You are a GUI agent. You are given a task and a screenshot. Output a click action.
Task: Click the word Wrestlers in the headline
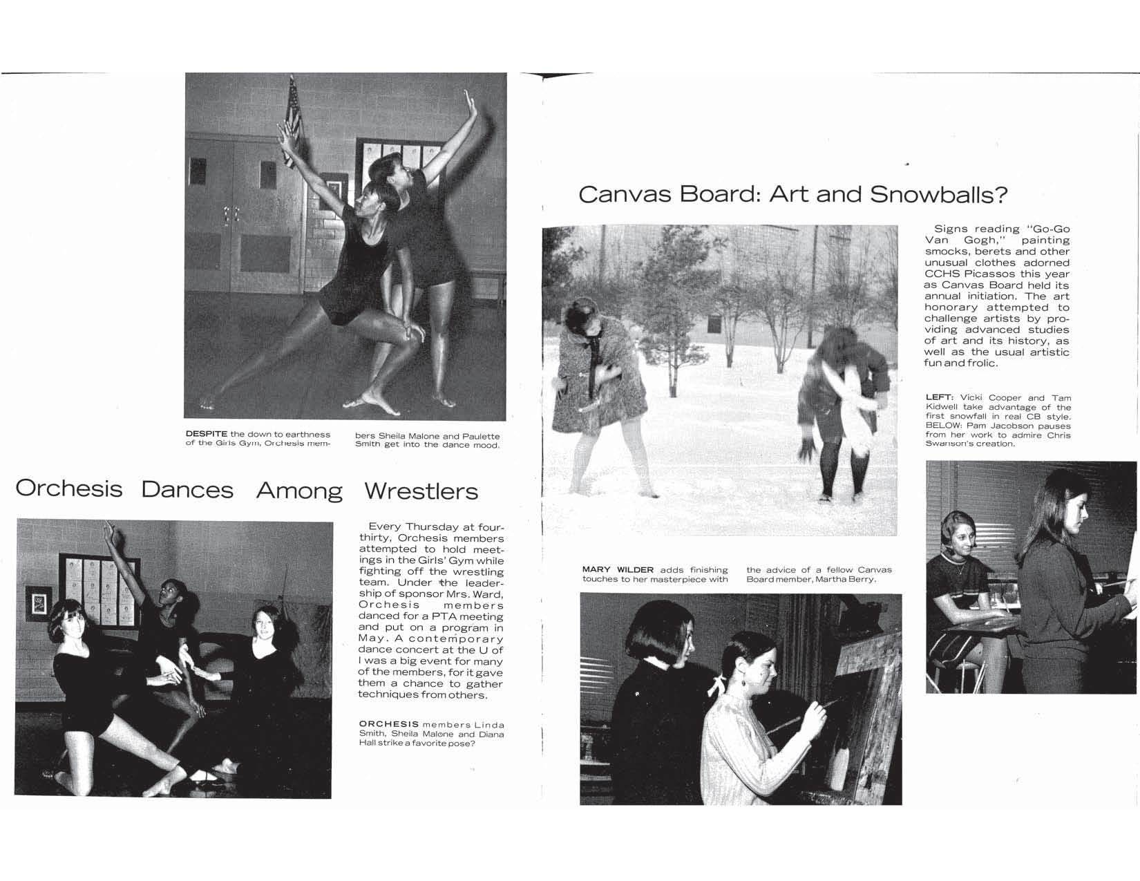(x=421, y=491)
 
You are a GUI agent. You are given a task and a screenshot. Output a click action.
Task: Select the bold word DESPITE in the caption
(x=206, y=434)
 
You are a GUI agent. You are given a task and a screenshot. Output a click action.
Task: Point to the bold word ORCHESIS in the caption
(x=388, y=723)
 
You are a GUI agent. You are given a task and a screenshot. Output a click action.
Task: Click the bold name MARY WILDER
(x=617, y=570)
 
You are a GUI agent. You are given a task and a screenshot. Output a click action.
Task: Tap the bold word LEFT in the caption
(x=939, y=397)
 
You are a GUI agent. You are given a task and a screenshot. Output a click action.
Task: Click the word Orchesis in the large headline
(x=68, y=489)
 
